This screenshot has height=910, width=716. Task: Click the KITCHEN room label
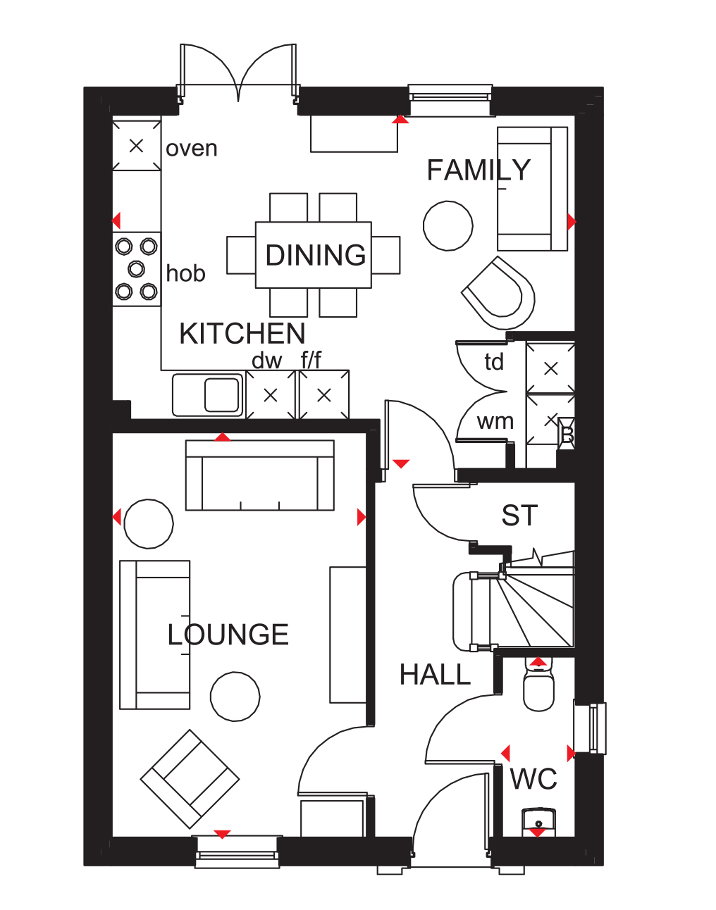pos(242,334)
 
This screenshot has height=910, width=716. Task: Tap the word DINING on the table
pos(315,255)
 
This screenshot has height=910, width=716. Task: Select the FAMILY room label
pos(479,170)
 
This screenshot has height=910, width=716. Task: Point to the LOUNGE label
pos(228,635)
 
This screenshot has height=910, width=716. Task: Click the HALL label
pos(435,675)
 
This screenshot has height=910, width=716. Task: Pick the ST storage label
pos(519,515)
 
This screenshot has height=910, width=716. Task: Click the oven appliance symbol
pos(136,146)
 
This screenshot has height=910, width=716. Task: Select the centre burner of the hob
pos(136,268)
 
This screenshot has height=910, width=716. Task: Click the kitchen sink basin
pos(221,395)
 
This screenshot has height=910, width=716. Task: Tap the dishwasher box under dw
pos(271,395)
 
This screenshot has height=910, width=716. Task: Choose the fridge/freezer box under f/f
pos(324,395)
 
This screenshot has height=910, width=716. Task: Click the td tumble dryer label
pos(494,362)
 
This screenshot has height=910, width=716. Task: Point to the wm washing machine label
pos(495,422)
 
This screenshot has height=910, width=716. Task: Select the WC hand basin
pos(538,822)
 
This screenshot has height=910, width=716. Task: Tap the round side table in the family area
pos(447,226)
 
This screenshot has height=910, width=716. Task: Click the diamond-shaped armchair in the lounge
pos(190,779)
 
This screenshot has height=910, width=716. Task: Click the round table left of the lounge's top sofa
pos(149,524)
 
